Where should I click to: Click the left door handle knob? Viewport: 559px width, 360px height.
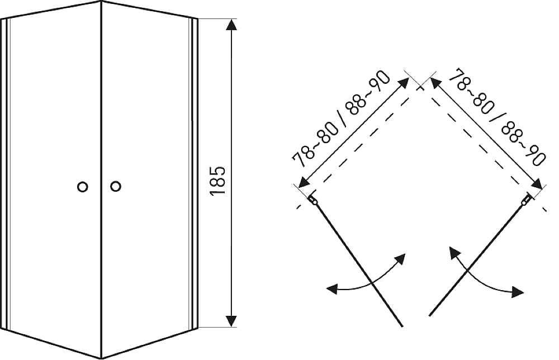[82, 187]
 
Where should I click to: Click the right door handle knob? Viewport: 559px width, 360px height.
[116, 186]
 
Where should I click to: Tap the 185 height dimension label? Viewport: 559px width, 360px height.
[218, 180]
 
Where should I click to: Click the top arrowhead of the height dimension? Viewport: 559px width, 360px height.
[232, 25]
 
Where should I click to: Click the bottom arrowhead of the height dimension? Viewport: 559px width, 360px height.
[232, 320]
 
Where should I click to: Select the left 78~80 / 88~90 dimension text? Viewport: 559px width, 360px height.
[341, 119]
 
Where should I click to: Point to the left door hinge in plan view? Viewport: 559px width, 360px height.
[312, 200]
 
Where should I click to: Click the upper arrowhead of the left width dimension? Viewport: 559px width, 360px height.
[404, 83]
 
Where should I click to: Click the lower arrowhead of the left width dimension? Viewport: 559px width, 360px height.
[304, 182]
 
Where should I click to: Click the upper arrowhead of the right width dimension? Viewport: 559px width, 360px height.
[437, 83]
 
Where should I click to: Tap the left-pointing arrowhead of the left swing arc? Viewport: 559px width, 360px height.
[332, 288]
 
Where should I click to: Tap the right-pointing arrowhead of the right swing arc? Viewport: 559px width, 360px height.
[518, 292]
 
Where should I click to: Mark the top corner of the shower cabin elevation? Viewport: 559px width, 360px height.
[101, 2]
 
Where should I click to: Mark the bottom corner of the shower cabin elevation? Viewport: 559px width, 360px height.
[102, 358]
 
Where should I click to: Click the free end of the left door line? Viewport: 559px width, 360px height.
[402, 326]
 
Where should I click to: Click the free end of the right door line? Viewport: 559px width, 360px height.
[429, 315]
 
